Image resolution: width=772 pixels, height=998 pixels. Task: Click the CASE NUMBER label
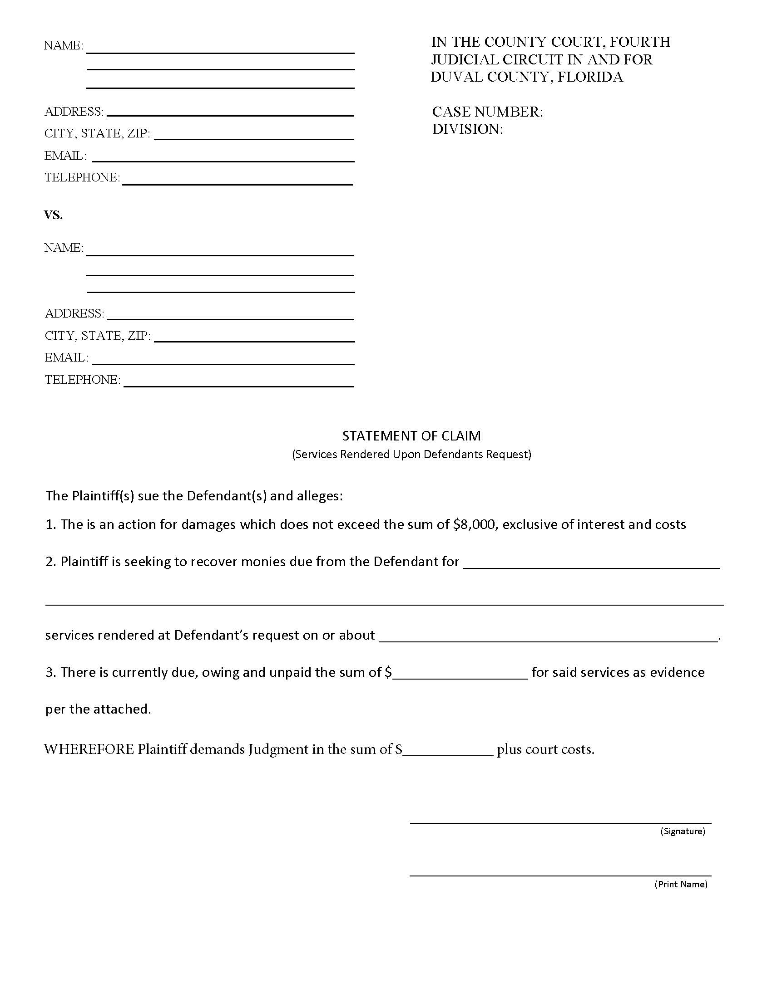[x=487, y=112]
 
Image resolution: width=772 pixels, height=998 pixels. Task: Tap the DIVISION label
[x=467, y=129]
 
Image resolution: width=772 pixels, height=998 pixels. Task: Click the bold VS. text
[x=53, y=215]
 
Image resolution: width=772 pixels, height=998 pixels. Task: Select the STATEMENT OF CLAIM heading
[x=411, y=435]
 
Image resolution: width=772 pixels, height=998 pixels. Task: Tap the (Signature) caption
[x=683, y=831]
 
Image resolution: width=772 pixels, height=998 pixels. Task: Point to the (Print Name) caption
[x=681, y=884]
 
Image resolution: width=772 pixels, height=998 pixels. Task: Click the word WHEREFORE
[x=89, y=749]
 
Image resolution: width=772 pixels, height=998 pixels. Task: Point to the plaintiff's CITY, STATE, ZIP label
[x=97, y=133]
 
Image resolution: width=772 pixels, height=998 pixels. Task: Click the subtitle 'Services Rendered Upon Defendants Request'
[x=411, y=454]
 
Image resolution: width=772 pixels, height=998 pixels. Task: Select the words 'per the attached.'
[x=98, y=709]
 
